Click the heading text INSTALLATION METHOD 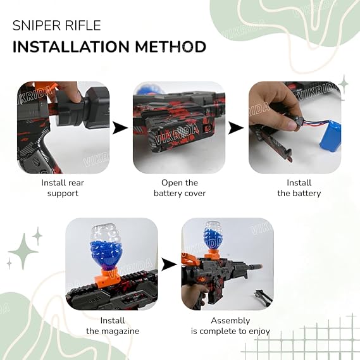pos(109,47)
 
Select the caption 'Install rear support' pos(63,188)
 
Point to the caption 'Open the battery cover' pos(180,188)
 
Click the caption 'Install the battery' pos(299,188)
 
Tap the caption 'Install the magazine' pos(112,326)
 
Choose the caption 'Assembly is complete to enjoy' pos(230,326)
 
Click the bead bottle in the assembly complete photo pos(212,235)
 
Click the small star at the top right pos(344,84)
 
